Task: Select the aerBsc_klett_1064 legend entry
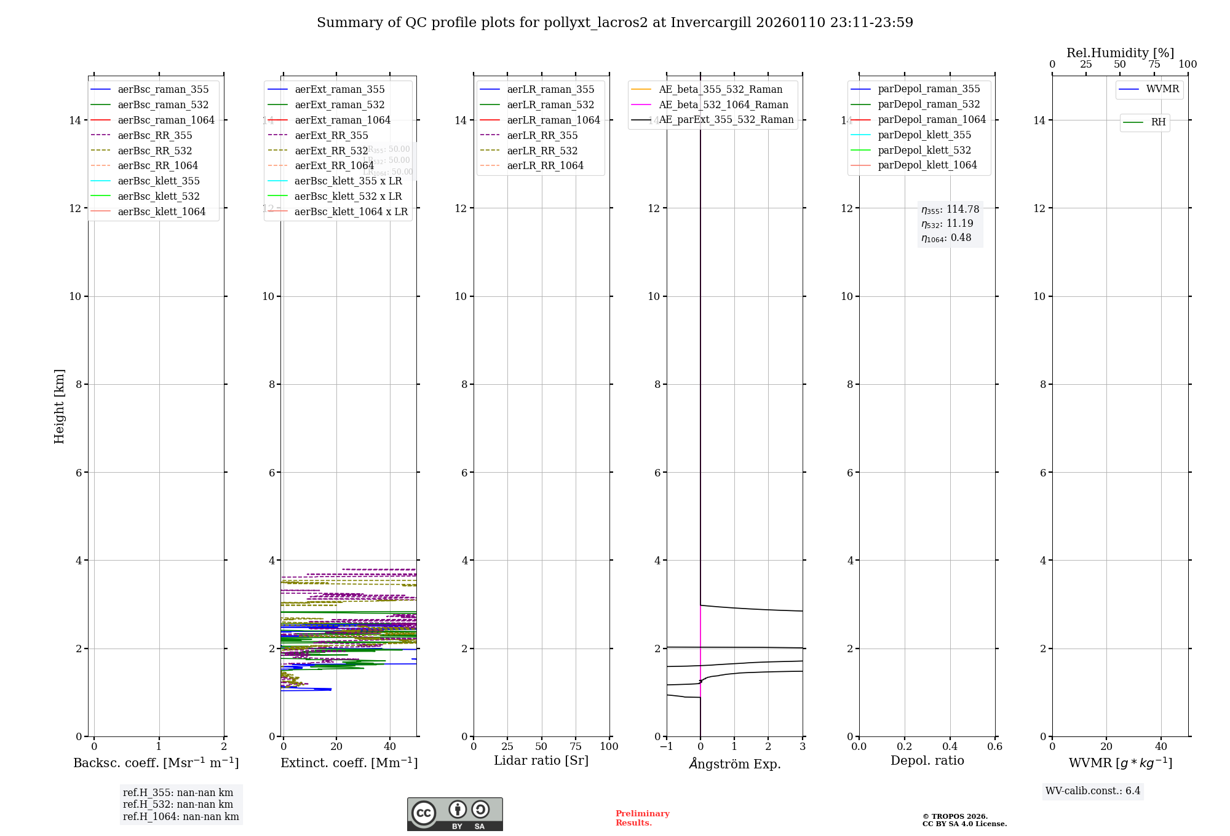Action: tap(161, 211)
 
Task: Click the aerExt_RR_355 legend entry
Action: tap(331, 135)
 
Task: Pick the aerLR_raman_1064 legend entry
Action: tap(553, 120)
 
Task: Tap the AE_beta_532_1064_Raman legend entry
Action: tap(723, 104)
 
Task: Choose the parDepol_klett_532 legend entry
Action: tap(924, 150)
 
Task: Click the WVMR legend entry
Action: tap(1162, 89)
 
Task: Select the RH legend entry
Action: tap(1157, 122)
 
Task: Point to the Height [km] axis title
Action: tap(59, 406)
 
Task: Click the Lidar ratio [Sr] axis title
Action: tap(541, 760)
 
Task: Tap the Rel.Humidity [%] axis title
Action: tap(1120, 53)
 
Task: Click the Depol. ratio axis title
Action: tap(927, 760)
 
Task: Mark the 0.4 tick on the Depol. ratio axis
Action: tap(950, 746)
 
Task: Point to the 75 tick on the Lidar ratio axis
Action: tap(576, 746)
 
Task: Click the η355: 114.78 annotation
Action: tap(950, 210)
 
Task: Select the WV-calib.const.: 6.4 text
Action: tap(1092, 791)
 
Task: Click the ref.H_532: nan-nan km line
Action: tap(178, 804)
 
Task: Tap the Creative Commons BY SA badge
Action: tap(454, 814)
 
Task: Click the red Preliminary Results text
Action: tap(642, 818)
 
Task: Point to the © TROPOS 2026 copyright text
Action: tap(954, 816)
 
